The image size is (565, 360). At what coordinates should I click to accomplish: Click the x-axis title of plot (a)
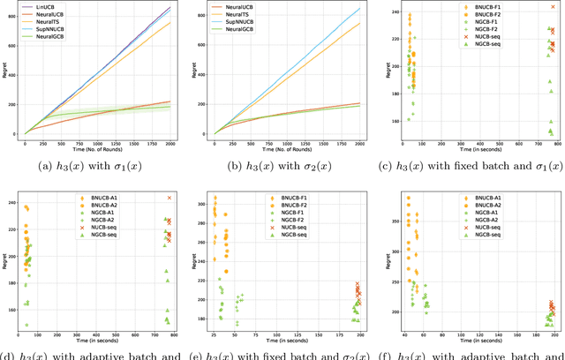(x=98, y=150)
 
